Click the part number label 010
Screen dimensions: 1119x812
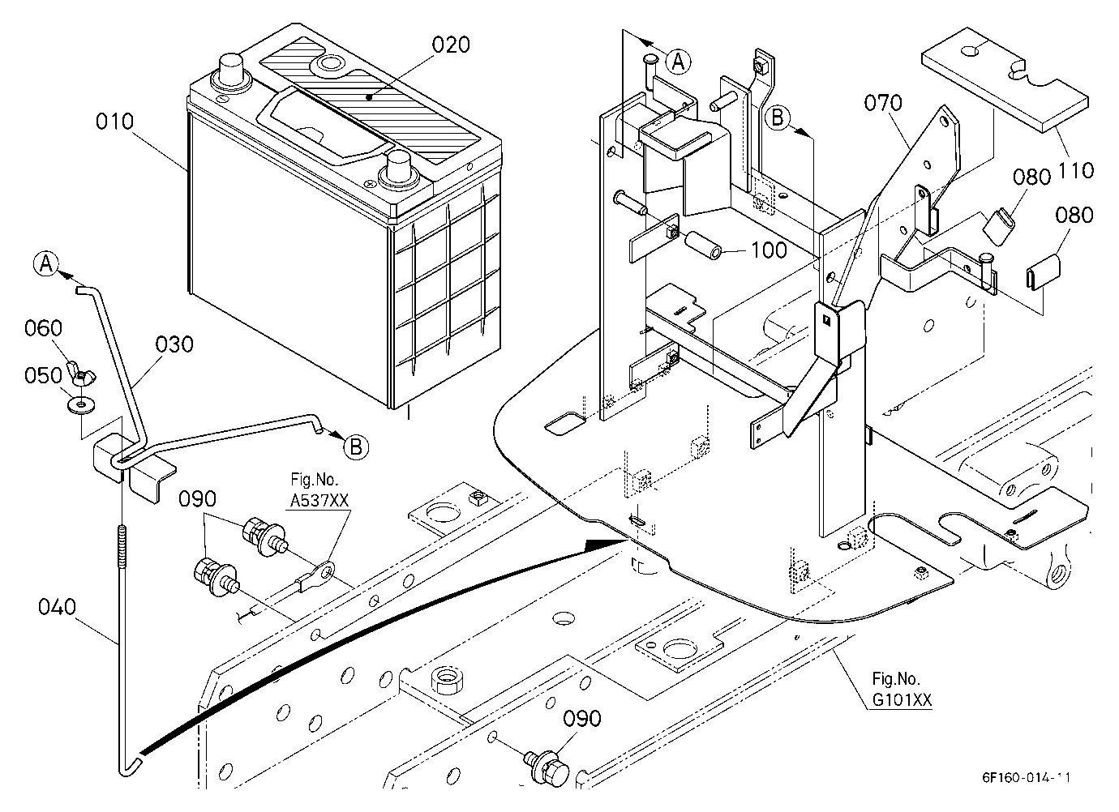[115, 122]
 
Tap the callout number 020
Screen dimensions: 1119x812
[451, 45]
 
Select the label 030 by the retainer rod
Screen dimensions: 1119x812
[174, 344]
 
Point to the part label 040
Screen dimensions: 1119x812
[57, 607]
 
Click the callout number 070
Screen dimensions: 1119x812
[883, 103]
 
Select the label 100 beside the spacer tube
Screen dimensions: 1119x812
[769, 250]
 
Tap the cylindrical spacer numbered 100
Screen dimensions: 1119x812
[703, 246]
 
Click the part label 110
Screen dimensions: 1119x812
[1076, 171]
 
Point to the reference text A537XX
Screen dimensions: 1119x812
[319, 500]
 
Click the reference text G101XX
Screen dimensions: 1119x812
[902, 699]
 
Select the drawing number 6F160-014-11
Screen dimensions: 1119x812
[1026, 777]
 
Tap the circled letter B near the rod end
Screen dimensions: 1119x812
[356, 447]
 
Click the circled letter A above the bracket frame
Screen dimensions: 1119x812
[678, 62]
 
